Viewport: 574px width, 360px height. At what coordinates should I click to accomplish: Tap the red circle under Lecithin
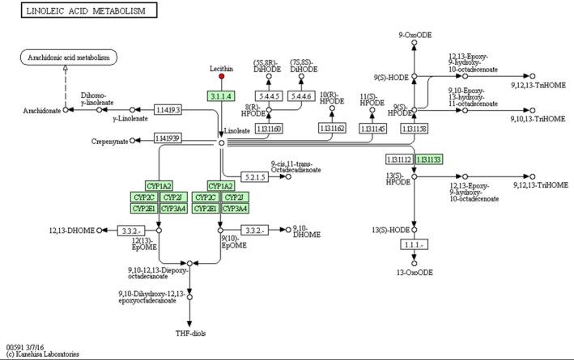pyautogui.click(x=221, y=78)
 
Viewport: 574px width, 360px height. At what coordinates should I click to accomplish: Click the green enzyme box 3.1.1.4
pyautogui.click(x=221, y=96)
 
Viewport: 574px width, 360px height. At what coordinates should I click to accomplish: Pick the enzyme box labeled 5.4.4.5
pyautogui.click(x=269, y=96)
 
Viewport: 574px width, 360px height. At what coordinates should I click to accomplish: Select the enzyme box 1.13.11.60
pyautogui.click(x=269, y=128)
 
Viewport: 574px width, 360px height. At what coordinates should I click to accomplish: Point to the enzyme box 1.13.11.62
pyautogui.click(x=332, y=128)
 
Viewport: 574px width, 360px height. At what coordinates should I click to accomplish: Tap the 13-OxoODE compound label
pyautogui.click(x=415, y=273)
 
